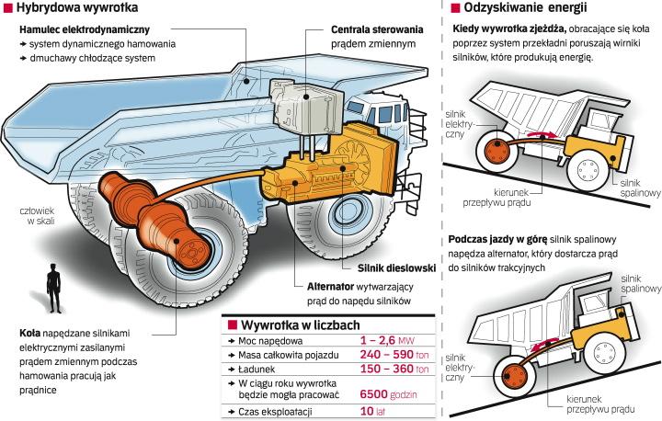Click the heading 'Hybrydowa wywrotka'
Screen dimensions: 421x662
click(x=63, y=10)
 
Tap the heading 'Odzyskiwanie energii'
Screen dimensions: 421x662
click(x=527, y=9)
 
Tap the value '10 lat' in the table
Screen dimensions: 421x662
click(x=365, y=409)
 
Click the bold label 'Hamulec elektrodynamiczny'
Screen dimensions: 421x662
click(x=74, y=30)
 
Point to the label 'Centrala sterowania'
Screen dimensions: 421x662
click(x=378, y=30)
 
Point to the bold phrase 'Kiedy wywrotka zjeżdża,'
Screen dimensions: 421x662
click(x=505, y=30)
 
